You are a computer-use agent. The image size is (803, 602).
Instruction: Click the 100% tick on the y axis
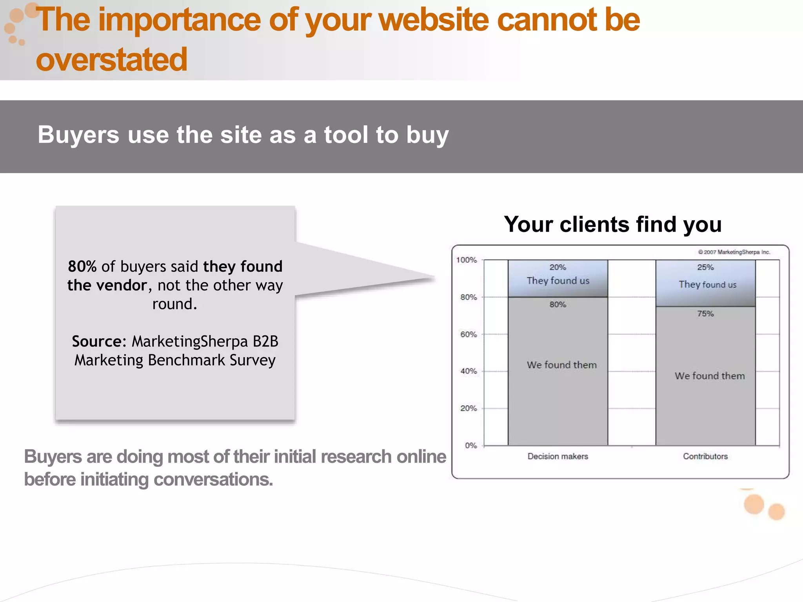(467, 260)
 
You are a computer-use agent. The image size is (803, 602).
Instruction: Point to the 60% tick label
(469, 334)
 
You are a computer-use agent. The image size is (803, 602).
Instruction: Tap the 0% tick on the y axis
(471, 445)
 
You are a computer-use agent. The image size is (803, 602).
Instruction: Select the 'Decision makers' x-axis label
(558, 456)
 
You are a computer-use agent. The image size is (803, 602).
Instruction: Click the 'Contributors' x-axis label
(705, 456)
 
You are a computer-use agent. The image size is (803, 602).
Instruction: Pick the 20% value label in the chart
(558, 267)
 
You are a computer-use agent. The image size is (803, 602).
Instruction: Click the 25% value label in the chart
(705, 267)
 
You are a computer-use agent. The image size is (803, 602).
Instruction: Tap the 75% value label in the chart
(705, 314)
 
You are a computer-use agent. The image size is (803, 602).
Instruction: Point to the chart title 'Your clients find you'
(613, 224)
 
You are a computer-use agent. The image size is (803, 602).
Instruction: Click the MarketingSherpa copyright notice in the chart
(734, 252)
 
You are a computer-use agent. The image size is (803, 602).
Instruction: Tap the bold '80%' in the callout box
(82, 267)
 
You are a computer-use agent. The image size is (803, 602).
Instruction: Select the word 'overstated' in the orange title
(112, 60)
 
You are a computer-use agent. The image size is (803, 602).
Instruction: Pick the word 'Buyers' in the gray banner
(78, 135)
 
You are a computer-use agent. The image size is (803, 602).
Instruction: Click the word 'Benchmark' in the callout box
(187, 360)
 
